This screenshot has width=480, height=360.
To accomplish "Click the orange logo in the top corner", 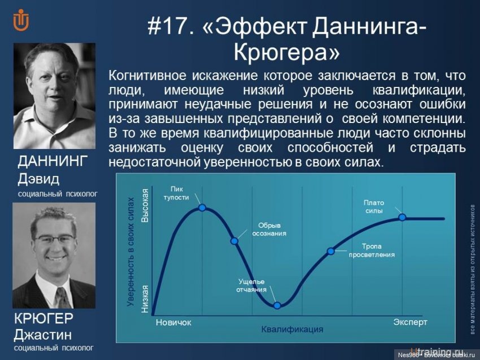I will (x=21, y=21).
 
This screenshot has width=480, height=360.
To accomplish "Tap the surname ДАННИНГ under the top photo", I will (x=53, y=162).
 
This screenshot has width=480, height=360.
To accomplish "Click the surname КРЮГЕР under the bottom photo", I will (x=43, y=318).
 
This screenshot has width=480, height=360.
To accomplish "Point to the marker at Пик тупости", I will (x=202, y=208).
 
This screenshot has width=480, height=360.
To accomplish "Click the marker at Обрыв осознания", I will (x=235, y=241).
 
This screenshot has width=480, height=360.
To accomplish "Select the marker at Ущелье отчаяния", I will (x=277, y=305).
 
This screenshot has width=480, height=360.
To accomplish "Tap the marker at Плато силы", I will (x=402, y=217).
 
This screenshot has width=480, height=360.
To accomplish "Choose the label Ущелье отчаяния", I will (x=252, y=285).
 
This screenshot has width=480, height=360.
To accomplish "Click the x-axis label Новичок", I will (x=173, y=323).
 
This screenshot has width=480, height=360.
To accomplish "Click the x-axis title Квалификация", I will (x=293, y=329).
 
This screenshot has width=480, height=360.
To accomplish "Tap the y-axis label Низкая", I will (x=145, y=298).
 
